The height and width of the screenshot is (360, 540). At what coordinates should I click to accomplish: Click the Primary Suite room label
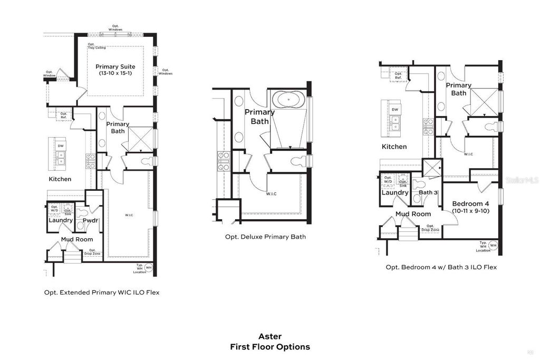click(x=115, y=67)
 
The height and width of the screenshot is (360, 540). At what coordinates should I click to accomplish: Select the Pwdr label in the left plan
click(x=91, y=220)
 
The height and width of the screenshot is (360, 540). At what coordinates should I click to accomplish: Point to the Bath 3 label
click(x=428, y=193)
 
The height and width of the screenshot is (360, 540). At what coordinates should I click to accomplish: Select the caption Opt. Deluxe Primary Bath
click(x=265, y=237)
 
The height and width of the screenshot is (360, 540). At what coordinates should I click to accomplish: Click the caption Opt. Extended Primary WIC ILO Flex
click(x=102, y=292)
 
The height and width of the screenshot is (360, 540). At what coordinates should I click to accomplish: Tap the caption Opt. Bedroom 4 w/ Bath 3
click(x=441, y=267)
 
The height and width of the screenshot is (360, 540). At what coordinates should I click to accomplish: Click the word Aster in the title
click(x=269, y=336)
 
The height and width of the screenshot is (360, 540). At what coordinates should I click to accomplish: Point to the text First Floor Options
click(x=269, y=347)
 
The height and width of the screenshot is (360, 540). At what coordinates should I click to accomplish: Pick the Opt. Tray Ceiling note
click(x=97, y=46)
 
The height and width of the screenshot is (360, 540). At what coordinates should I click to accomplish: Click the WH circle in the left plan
click(x=148, y=268)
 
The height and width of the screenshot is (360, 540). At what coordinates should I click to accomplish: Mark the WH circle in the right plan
click(x=493, y=245)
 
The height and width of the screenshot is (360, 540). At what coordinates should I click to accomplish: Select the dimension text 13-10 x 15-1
click(x=115, y=74)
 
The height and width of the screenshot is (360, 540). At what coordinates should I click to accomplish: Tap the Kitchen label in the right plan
click(x=394, y=147)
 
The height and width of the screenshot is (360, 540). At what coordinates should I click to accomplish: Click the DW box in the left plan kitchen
click(x=61, y=145)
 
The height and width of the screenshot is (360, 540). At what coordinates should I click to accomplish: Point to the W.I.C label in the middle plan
click(x=271, y=194)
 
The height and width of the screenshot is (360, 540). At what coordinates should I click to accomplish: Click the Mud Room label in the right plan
click(x=413, y=214)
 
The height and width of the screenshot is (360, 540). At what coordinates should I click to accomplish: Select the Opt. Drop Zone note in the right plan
click(x=430, y=228)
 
